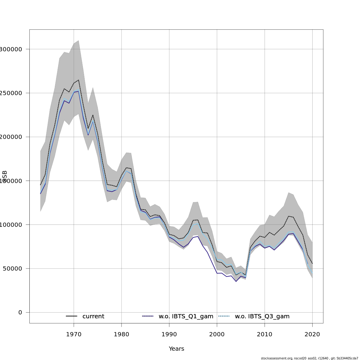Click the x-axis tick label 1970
[74, 334]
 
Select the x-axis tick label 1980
[121, 334]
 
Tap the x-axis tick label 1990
[169, 334]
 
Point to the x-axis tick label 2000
[217, 334]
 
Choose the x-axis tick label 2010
[265, 334]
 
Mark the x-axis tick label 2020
[312, 334]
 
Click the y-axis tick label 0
[20, 312]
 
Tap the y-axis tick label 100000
[10, 225]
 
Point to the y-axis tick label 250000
[10, 93]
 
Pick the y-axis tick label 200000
[10, 137]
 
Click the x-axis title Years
[176, 349]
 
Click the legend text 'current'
[93, 316]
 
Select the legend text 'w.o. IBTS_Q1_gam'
[186, 316]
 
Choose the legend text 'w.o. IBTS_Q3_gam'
[262, 316]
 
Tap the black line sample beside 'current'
[72, 316]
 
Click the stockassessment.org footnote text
[309, 358]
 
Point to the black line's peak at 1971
[79, 80]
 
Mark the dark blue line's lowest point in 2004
[236, 281]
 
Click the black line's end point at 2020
[312, 263]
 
